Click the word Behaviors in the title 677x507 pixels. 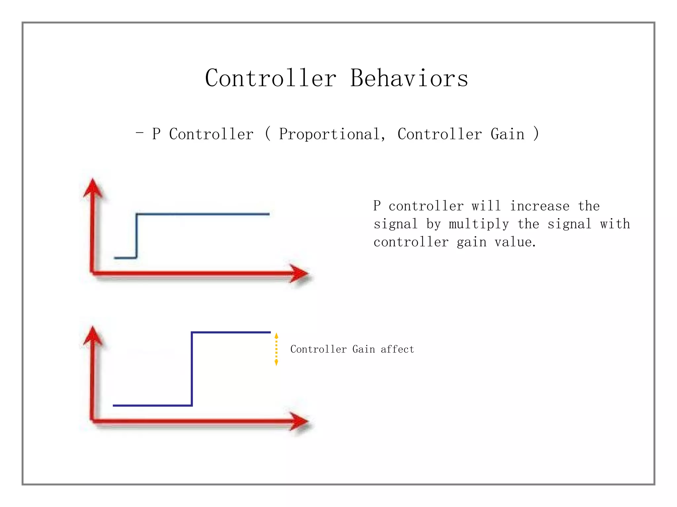click(409, 79)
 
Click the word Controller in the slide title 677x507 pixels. click(270, 79)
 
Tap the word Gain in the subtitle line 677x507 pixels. click(507, 134)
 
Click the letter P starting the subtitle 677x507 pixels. click(156, 134)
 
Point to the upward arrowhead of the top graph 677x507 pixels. click(93, 188)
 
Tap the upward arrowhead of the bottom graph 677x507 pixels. click(93, 336)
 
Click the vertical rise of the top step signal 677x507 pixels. click(136, 236)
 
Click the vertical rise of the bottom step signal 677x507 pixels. click(192, 369)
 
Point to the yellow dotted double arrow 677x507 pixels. click(276, 349)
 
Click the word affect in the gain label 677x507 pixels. click(397, 349)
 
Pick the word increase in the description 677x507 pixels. click(539, 206)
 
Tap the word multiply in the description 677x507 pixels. click(479, 224)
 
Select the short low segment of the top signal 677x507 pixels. click(125, 258)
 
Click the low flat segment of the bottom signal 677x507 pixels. click(152, 405)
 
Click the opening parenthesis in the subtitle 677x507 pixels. click(268, 134)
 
